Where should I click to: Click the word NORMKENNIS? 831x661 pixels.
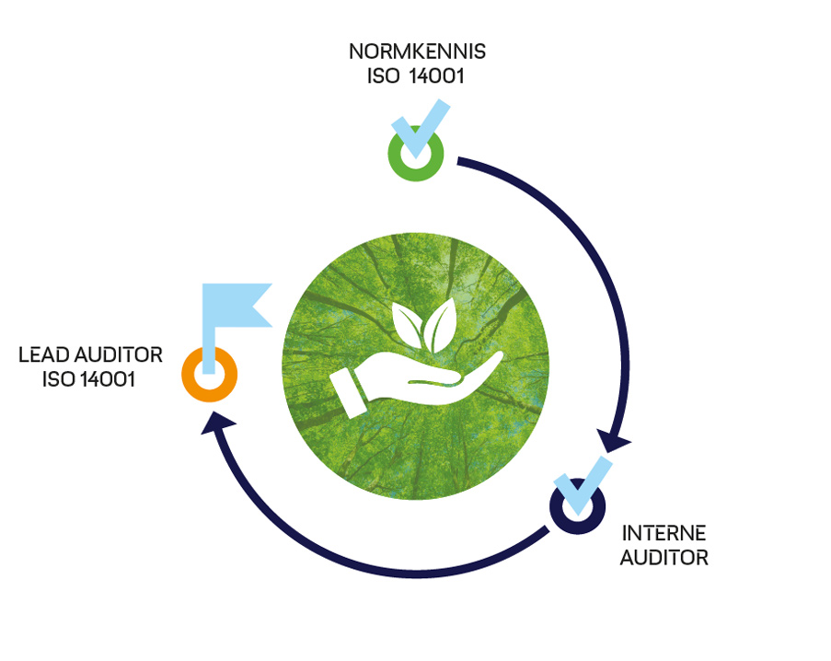point(415,50)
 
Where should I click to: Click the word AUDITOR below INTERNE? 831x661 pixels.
point(664,557)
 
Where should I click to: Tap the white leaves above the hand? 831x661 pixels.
point(425,322)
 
